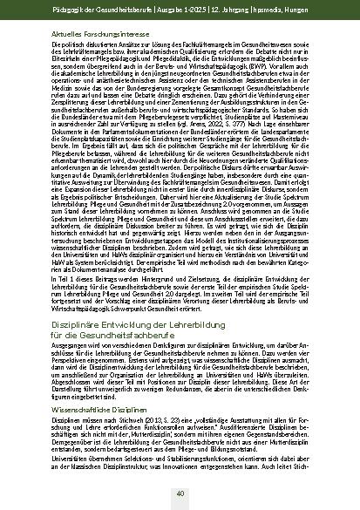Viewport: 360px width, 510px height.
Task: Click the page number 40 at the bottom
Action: [180, 493]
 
